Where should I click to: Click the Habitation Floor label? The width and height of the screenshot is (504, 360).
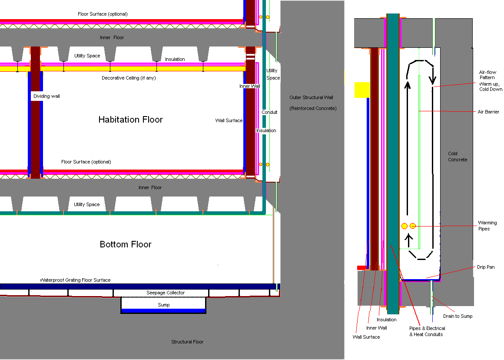click(x=130, y=120)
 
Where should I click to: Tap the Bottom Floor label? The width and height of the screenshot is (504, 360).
click(x=126, y=244)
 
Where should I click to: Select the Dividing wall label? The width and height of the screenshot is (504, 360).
click(x=46, y=96)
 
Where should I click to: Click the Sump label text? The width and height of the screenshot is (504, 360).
click(x=164, y=305)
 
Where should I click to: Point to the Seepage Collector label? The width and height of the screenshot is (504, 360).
click(x=165, y=293)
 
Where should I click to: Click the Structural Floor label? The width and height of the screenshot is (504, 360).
click(x=187, y=342)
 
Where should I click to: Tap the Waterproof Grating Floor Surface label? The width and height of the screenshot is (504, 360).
click(x=75, y=280)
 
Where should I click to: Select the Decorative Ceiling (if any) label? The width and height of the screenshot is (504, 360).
click(x=129, y=78)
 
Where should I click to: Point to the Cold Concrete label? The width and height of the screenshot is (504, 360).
click(x=458, y=157)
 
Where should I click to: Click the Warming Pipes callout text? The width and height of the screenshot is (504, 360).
click(x=487, y=226)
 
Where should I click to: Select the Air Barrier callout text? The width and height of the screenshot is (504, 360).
click(x=489, y=112)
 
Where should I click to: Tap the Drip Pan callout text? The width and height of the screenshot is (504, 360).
click(x=485, y=267)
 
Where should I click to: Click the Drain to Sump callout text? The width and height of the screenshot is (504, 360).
click(x=458, y=316)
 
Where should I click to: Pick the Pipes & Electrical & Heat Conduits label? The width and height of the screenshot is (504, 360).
click(x=427, y=331)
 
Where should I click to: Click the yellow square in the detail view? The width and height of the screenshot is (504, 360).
click(x=361, y=90)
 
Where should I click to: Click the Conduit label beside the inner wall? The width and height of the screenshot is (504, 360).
click(x=269, y=112)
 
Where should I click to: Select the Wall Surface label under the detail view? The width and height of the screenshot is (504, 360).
click(x=366, y=337)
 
